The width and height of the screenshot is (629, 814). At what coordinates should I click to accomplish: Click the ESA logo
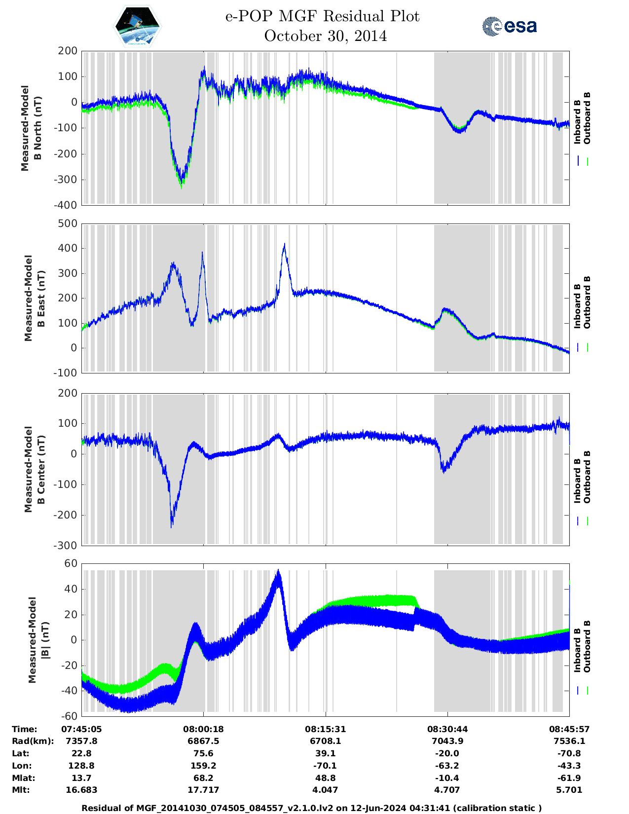510,26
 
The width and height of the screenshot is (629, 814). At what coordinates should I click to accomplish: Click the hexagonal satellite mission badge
138,26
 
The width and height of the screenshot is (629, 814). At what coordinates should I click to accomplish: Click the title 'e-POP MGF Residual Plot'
322,16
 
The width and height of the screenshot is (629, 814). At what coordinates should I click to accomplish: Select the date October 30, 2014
325,36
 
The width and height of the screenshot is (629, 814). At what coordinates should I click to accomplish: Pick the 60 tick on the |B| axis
71,563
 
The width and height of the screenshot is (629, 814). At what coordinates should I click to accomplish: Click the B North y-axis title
31,128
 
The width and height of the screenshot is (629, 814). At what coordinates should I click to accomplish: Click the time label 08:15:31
325,729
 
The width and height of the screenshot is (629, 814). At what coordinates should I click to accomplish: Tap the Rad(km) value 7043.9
447,741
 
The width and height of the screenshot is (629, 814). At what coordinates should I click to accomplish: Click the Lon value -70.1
325,766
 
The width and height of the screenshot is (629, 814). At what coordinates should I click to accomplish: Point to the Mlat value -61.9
569,778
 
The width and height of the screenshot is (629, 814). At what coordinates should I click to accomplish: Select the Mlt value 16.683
81,790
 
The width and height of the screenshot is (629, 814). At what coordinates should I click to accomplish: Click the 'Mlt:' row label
21,790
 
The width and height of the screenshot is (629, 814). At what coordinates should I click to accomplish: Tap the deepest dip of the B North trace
182,185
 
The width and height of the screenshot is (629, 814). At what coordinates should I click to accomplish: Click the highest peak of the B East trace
284,244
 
